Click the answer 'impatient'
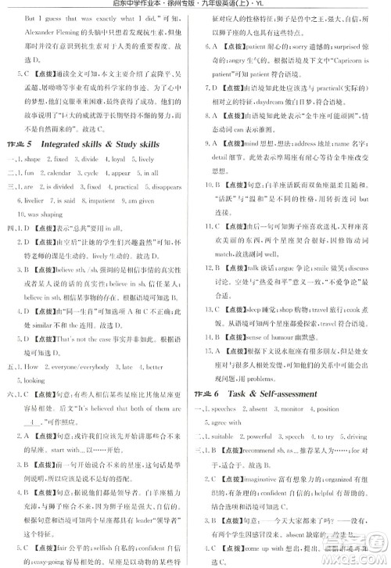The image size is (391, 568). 106,200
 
